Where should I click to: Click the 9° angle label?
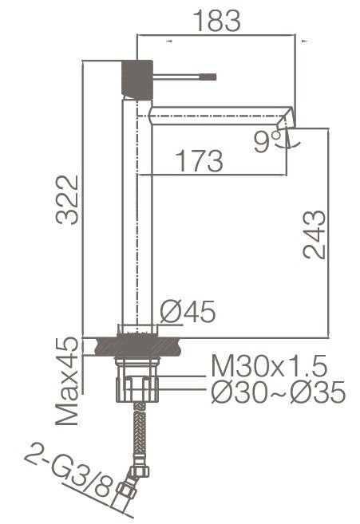point(266,141)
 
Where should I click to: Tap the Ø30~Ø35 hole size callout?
point(277,392)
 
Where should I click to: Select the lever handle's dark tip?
point(212,77)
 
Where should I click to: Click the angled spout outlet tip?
point(287,120)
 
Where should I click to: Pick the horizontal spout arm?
point(216,111)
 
